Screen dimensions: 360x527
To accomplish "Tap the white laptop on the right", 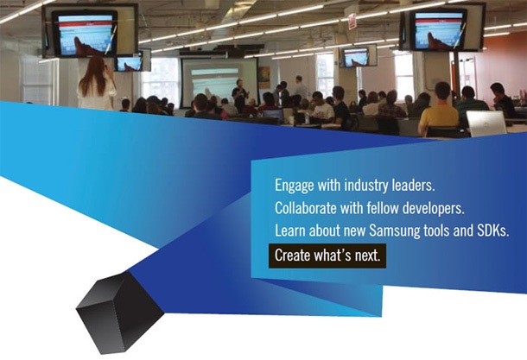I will [x=486, y=123].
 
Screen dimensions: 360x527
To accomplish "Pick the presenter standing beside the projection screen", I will [x=240, y=93].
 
